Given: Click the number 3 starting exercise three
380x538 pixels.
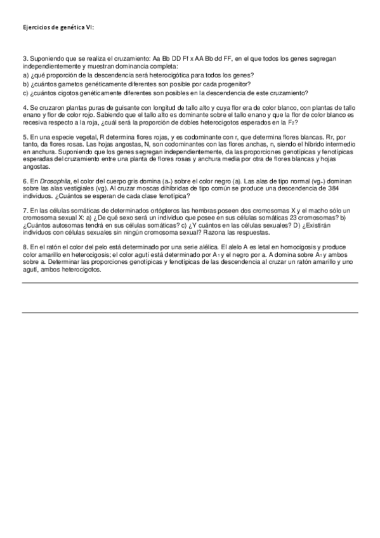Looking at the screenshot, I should (x=24, y=58).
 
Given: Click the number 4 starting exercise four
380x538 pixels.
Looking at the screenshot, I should (x=24, y=108).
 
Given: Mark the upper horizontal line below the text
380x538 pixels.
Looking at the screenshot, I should (x=190, y=284).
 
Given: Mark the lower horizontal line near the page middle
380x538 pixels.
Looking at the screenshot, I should (x=190, y=312).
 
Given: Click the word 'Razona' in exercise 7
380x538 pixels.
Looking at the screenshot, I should (x=218, y=233).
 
